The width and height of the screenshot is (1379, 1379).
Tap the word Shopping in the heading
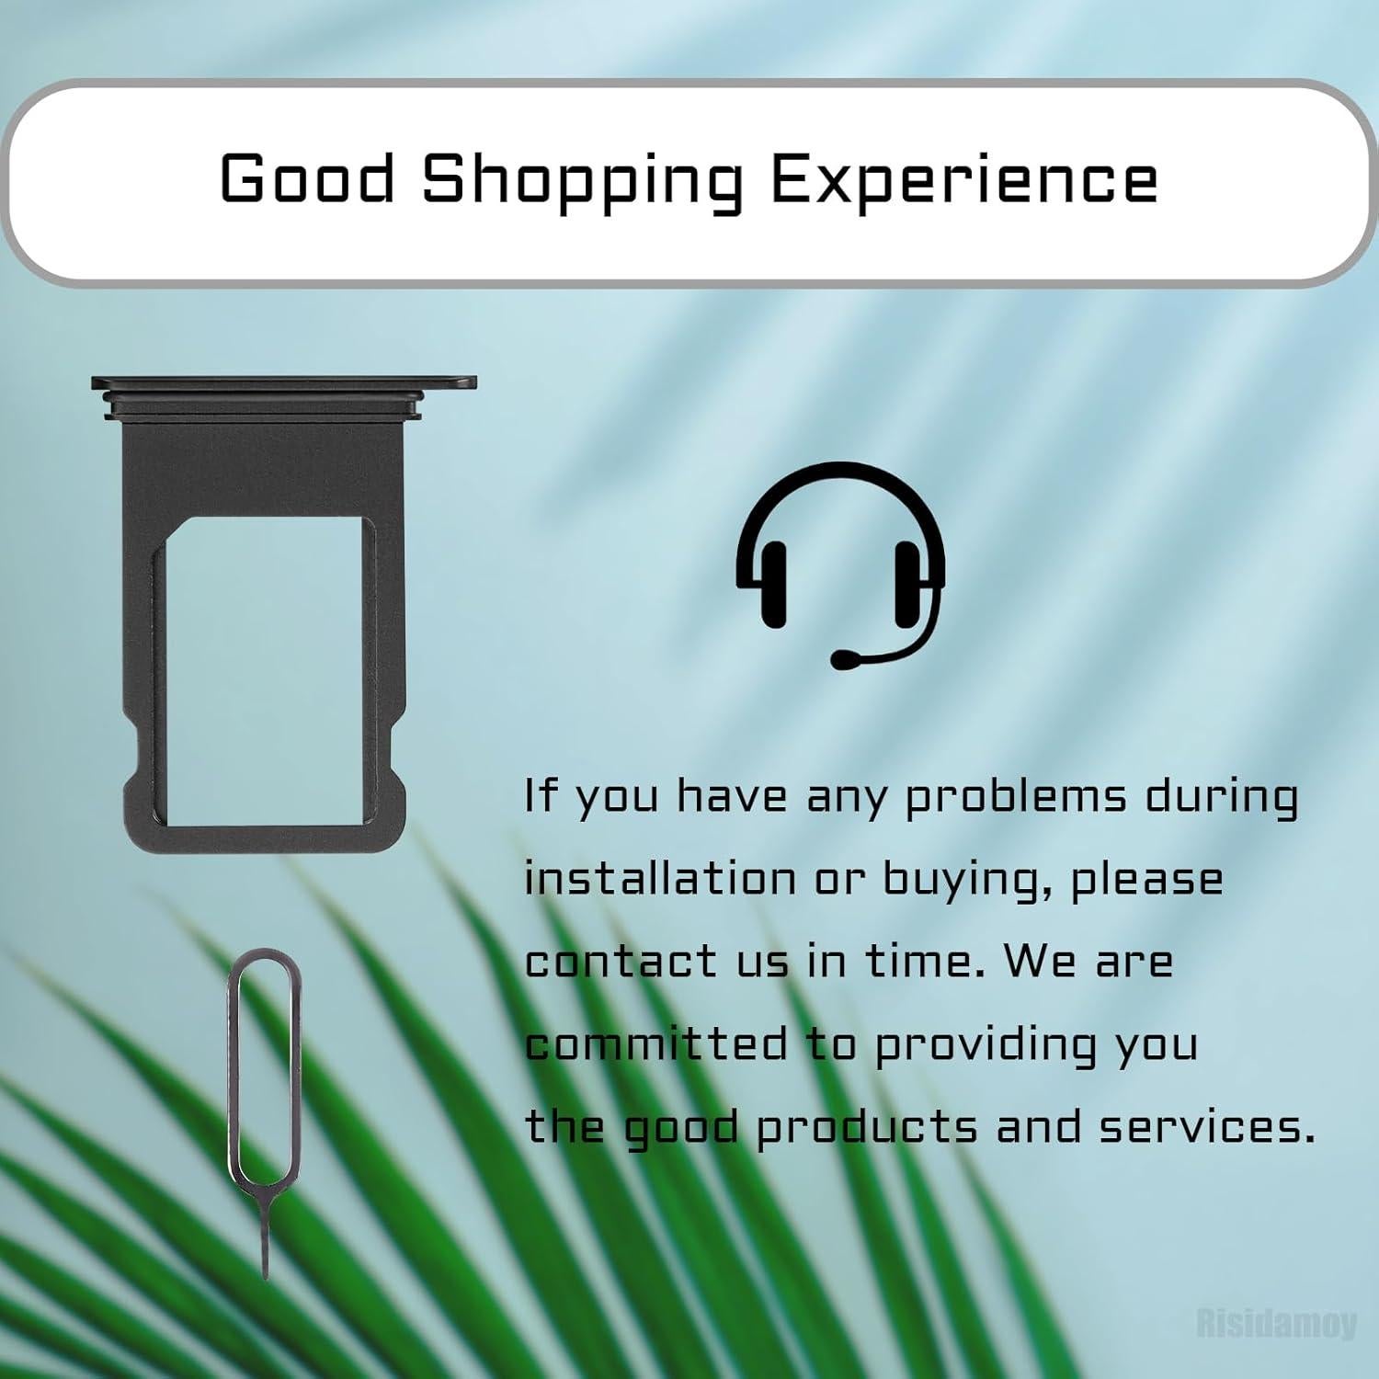[x=582, y=182]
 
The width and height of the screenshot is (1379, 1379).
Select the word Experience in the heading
[x=963, y=182]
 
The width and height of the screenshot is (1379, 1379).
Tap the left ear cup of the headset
[x=773, y=584]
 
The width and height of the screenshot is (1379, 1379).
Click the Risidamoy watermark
[x=1277, y=1323]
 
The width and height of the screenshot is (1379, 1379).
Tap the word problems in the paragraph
[x=1016, y=798]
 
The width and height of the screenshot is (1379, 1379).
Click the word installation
[x=660, y=878]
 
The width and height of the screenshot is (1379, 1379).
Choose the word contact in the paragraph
[x=621, y=961]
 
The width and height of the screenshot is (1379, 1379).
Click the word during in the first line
[x=1222, y=798]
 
